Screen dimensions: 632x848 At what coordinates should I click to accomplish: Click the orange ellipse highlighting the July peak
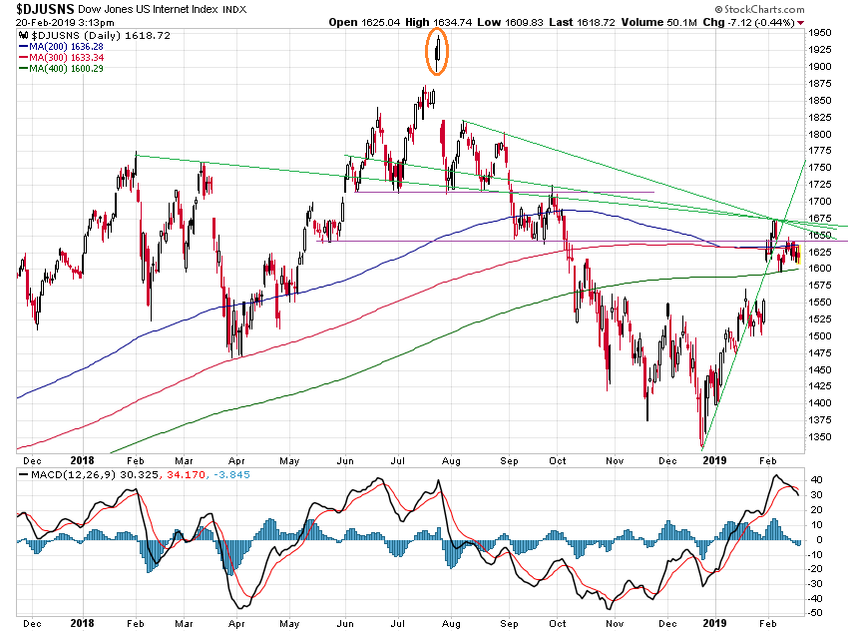(x=437, y=51)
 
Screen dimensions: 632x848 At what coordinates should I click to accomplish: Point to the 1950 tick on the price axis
(x=821, y=33)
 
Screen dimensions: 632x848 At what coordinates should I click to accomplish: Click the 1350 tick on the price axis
(x=821, y=436)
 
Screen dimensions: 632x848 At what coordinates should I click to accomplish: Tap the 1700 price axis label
(x=821, y=201)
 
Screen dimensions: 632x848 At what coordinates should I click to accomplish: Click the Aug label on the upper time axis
(x=451, y=460)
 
